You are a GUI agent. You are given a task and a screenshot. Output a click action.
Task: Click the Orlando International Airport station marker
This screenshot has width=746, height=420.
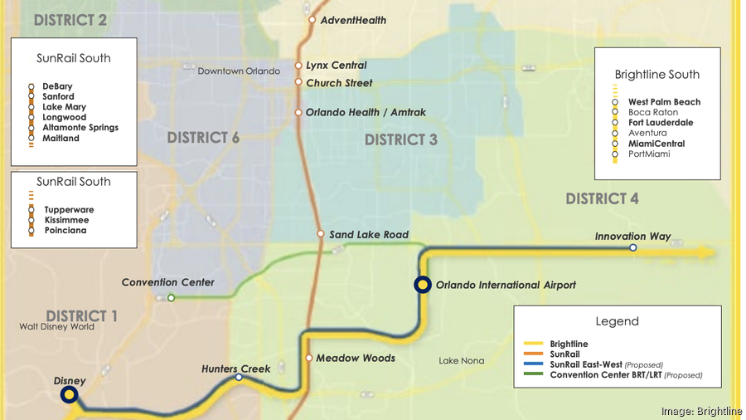(423, 285)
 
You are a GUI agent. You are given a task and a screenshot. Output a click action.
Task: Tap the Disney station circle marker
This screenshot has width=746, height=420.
(70, 395)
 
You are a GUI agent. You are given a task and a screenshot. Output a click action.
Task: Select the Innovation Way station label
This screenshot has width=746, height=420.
(632, 237)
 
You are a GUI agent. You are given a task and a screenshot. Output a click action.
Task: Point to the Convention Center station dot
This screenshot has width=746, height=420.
(171, 297)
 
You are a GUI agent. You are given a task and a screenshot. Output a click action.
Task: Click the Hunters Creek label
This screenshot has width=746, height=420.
(236, 369)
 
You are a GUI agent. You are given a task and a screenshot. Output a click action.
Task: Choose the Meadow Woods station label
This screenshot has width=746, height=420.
(355, 358)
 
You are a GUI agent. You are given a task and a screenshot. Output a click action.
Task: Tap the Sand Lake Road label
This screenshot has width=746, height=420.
(369, 235)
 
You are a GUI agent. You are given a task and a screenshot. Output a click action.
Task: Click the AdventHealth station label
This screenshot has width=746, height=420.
(353, 20)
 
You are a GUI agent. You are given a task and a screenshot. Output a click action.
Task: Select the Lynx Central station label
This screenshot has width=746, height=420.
(336, 65)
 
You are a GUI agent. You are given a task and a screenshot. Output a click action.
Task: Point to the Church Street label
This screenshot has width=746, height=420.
(339, 83)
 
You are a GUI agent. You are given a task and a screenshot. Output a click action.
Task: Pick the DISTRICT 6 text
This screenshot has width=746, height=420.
(203, 138)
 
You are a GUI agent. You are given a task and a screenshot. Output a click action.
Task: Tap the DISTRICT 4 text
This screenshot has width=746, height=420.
(603, 198)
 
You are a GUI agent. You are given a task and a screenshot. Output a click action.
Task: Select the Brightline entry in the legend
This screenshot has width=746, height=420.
(568, 344)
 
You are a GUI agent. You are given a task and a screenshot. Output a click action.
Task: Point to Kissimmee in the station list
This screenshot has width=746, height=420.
(66, 220)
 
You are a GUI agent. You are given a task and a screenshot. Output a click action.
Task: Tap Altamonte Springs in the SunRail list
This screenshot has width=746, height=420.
(80, 128)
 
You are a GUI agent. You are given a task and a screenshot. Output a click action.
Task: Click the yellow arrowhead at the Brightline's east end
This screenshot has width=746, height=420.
(705, 252)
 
